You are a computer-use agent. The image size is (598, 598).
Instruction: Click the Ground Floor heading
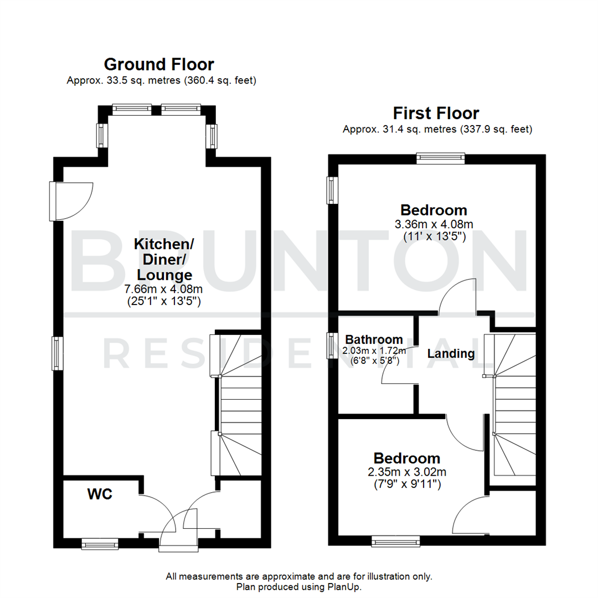(159, 65)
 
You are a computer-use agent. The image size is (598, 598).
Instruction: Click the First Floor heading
(436, 114)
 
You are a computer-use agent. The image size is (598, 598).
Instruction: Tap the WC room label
(100, 494)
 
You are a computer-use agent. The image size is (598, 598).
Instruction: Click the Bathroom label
(374, 339)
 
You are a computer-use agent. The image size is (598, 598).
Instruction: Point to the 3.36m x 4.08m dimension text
(434, 224)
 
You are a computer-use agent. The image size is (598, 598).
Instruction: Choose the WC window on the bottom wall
(100, 545)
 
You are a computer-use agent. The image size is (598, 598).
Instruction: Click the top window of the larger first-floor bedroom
(441, 158)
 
